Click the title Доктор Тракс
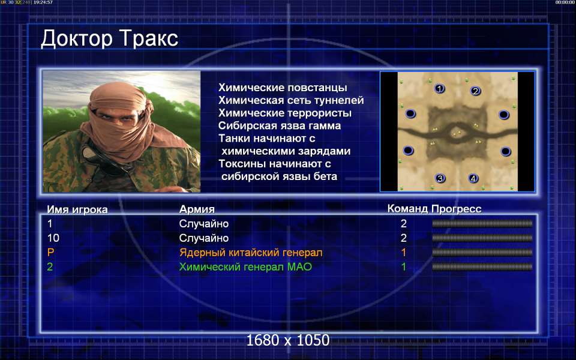click(x=109, y=38)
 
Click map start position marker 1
click(x=439, y=89)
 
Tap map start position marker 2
click(x=475, y=91)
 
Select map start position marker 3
click(x=440, y=179)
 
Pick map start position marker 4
click(x=473, y=179)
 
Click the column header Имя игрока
click(x=77, y=209)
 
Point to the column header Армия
click(x=197, y=209)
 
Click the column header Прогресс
click(x=456, y=209)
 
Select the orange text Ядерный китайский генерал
click(x=251, y=253)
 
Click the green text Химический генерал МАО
click(x=245, y=266)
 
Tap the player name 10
click(x=53, y=238)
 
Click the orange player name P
click(x=50, y=253)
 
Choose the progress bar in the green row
click(x=482, y=266)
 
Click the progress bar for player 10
click(x=482, y=238)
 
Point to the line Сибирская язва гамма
click(x=280, y=126)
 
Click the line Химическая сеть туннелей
click(x=291, y=100)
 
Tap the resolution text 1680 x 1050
click(x=288, y=340)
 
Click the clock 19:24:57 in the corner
click(x=43, y=2)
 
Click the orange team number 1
click(x=404, y=253)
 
